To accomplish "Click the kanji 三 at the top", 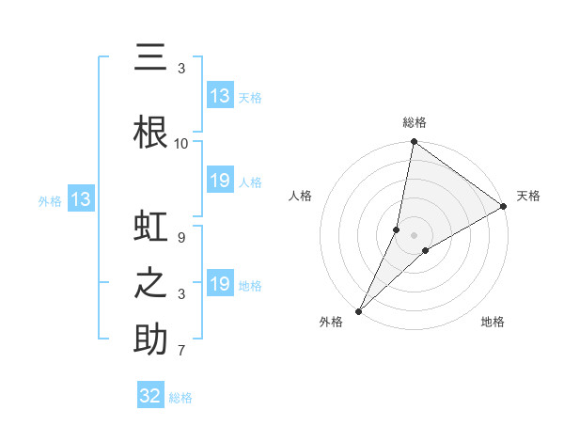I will coord(150,58).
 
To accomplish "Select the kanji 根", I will coord(150,132).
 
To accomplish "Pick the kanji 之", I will coord(150,284).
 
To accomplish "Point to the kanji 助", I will coord(150,339).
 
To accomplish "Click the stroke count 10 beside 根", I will coord(181,143).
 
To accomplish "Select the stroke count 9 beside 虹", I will coord(181,238).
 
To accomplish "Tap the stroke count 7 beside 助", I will coord(181,351).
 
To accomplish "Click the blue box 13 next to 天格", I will coord(220,96).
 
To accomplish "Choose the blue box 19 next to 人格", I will coord(220,181).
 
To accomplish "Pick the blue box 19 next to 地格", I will coord(220,284).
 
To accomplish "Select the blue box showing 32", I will coord(150,396).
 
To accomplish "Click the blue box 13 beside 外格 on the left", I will coord(80,199).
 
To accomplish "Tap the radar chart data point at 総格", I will coord(414,143).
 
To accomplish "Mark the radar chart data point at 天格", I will coord(504,206).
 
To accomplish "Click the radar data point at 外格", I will coord(358,310).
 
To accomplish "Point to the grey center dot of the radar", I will coord(414,234).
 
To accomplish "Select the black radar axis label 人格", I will coord(301,196).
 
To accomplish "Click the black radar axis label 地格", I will coord(493,322).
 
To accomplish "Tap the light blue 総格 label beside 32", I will coord(180,398).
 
